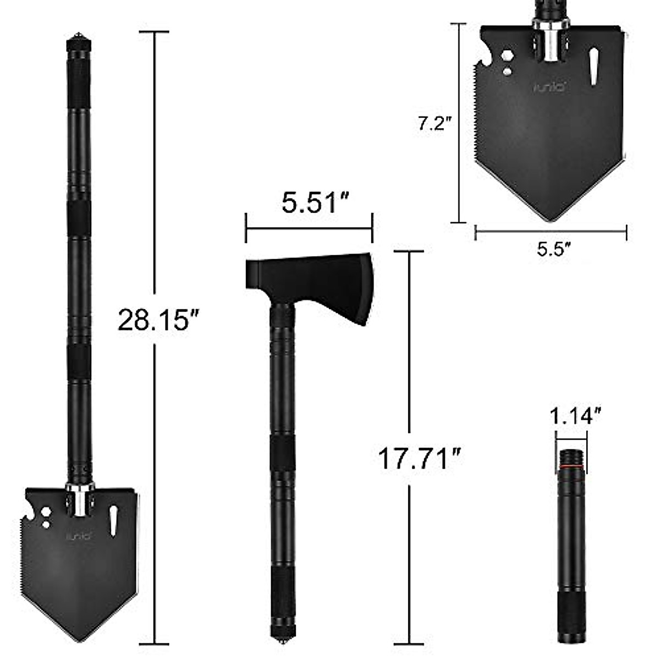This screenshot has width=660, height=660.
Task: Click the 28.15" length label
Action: click(153, 320)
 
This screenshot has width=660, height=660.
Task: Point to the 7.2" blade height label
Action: click(433, 123)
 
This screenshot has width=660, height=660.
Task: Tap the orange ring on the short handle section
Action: click(571, 467)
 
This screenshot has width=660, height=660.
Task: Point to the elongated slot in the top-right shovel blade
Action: click(594, 67)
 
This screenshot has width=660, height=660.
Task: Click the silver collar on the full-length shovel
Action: click(80, 501)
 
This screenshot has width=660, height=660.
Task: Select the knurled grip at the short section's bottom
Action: click(571, 619)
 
